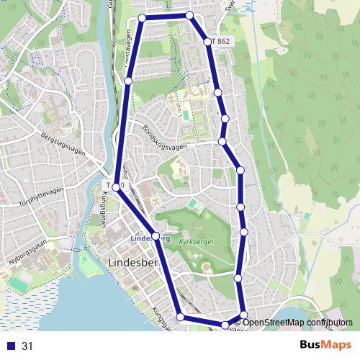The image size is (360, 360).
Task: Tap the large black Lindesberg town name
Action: click(131, 263)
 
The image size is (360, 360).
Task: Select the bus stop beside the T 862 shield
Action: click(208, 42)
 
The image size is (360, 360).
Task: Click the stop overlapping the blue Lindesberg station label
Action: click(156, 235)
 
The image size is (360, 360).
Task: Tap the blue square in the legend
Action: click(10, 346)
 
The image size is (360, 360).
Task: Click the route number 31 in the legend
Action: click(27, 346)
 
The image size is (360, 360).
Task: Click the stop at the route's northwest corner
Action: click(142, 17)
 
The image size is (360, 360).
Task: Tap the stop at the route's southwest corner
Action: click(179, 317)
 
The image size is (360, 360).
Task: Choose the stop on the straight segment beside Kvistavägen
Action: click(128, 81)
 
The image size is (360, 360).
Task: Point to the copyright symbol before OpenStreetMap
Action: click(238, 323)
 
